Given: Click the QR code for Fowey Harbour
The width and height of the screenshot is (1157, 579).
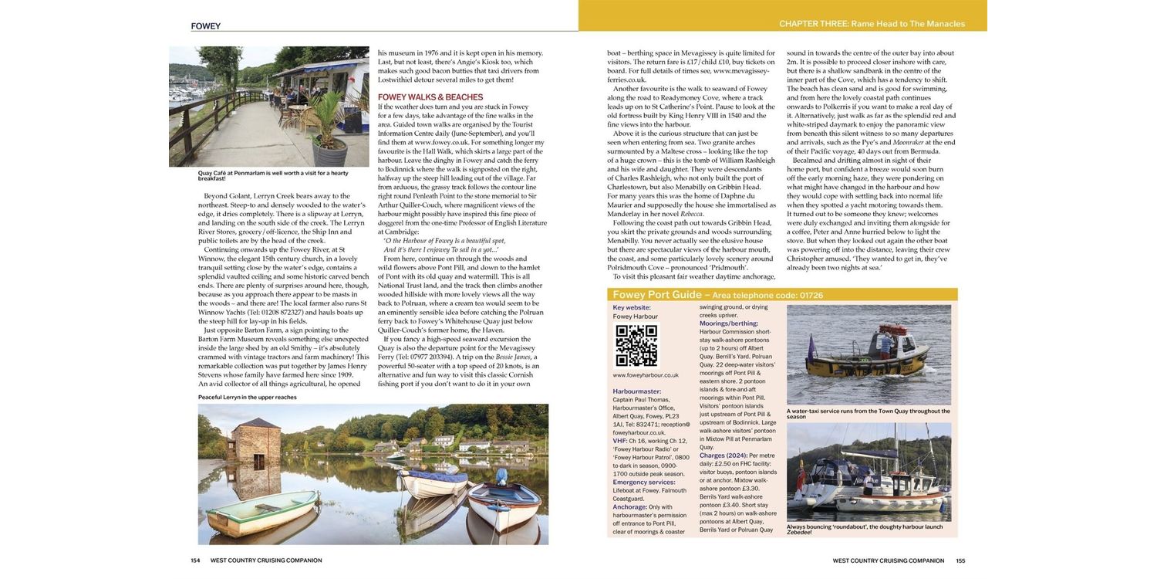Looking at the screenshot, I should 636,345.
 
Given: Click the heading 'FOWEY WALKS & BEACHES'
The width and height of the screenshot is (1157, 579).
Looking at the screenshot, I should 430,97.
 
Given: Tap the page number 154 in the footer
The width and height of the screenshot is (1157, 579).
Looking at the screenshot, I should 195,560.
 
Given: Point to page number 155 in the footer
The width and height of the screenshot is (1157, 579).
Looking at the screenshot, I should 960,560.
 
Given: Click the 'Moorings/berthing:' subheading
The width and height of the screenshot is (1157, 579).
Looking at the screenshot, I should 728,323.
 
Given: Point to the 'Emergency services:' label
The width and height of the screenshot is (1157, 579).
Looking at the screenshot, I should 643,482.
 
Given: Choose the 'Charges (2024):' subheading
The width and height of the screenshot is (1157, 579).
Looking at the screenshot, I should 724,455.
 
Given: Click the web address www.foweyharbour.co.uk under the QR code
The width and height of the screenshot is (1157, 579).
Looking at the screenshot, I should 646,375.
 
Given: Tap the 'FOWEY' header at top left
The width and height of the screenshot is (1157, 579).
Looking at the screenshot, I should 206,26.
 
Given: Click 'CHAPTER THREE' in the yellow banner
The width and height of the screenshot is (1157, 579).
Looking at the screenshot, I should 813,24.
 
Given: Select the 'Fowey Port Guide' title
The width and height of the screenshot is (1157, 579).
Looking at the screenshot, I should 656,295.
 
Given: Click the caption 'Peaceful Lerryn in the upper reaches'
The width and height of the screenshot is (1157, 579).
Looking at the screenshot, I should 248,397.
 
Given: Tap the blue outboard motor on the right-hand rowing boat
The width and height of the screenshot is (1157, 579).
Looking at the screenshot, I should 501,476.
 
